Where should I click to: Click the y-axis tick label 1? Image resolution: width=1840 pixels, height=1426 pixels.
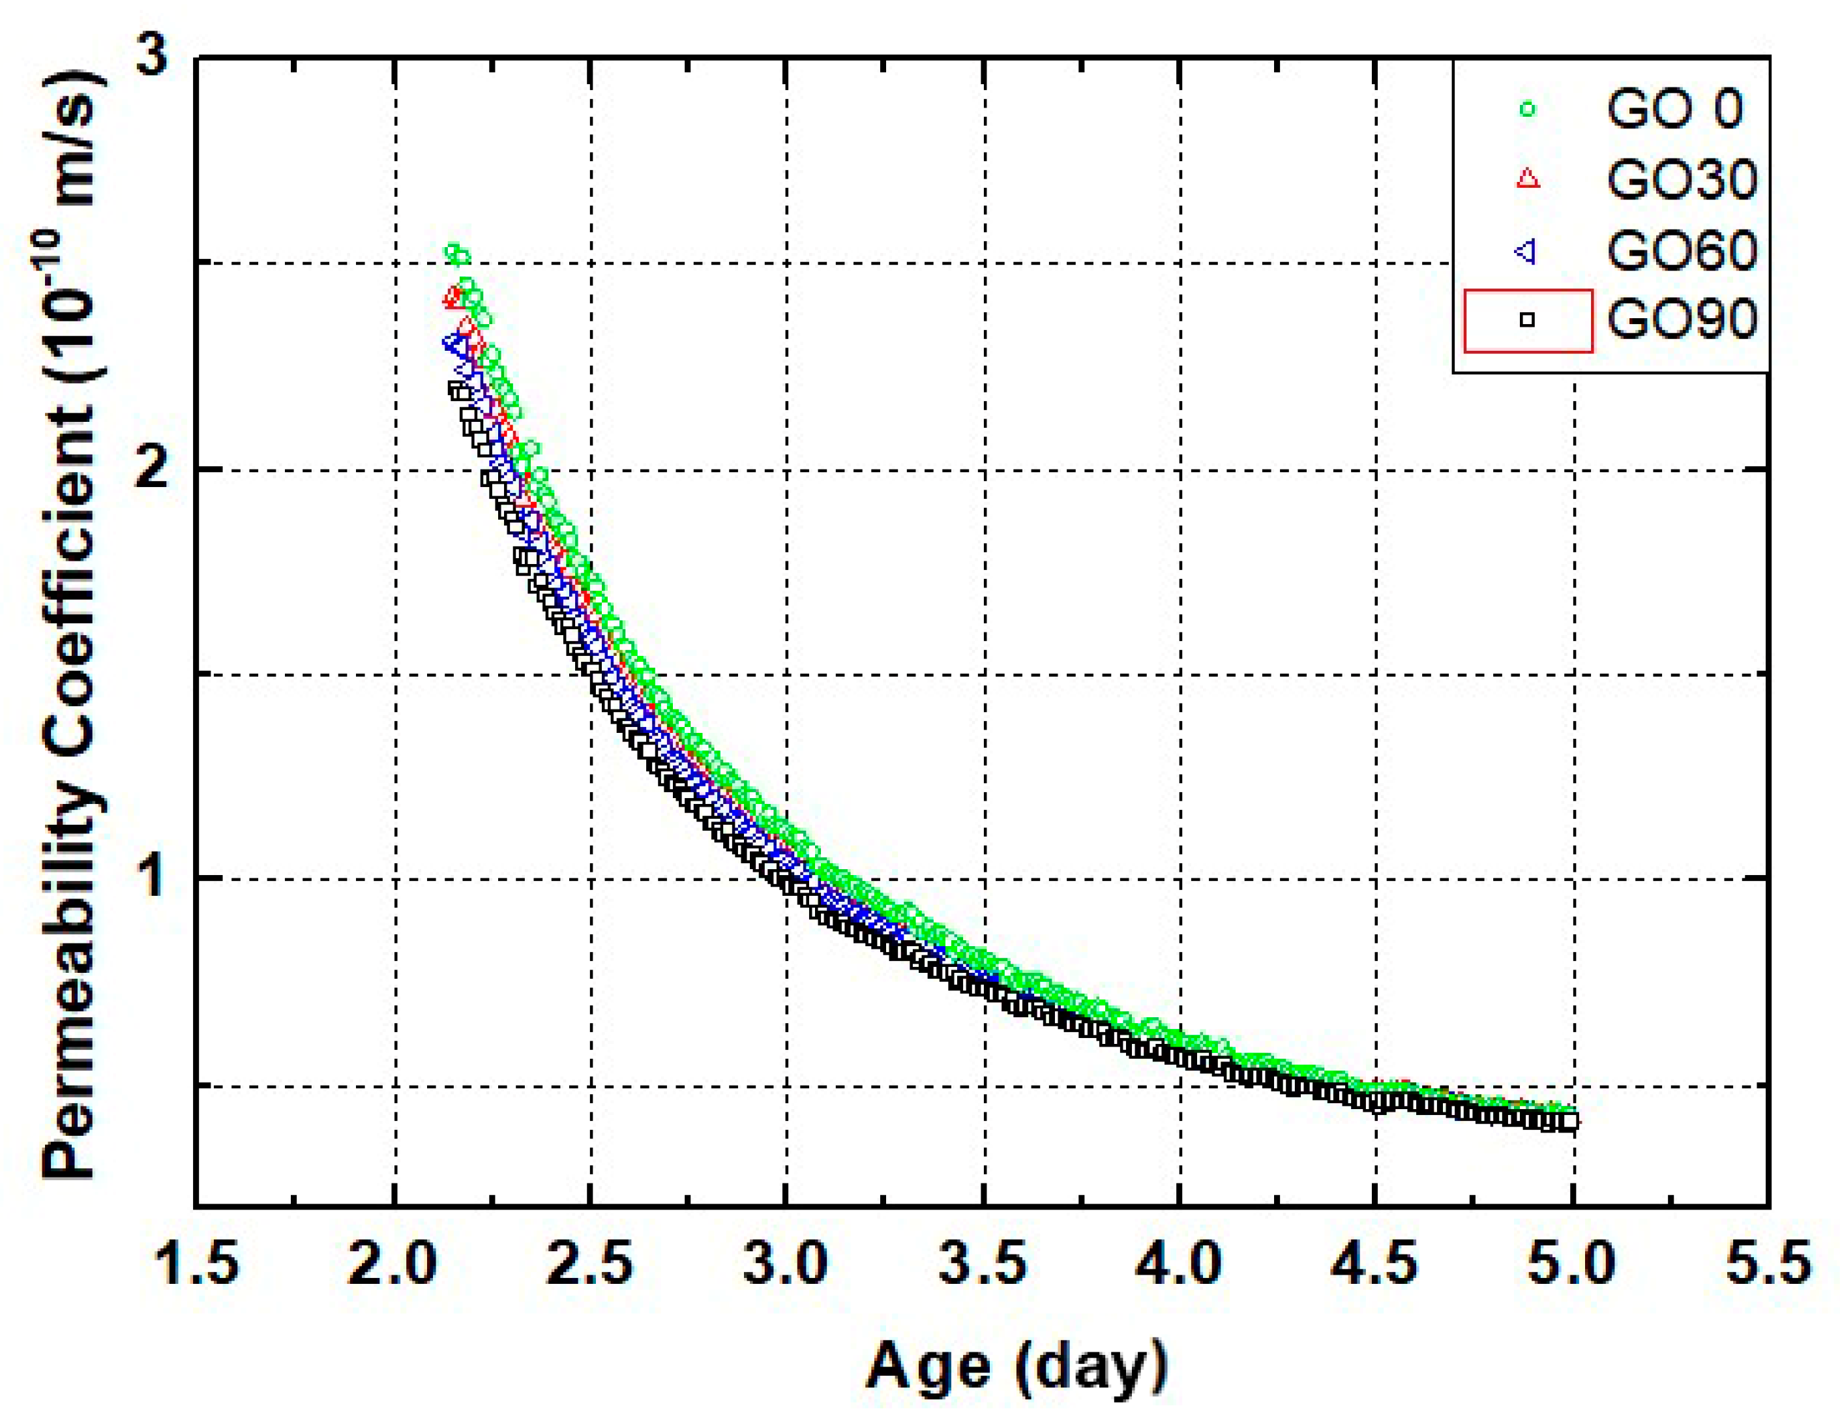coord(153,878)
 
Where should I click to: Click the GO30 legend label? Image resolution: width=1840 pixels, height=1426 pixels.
coord(1682,179)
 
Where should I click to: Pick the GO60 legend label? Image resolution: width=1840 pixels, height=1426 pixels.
coord(1682,250)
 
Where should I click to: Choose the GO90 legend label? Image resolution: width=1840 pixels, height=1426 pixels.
coord(1682,320)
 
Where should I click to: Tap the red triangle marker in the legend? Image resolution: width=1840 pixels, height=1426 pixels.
coord(1528,179)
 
